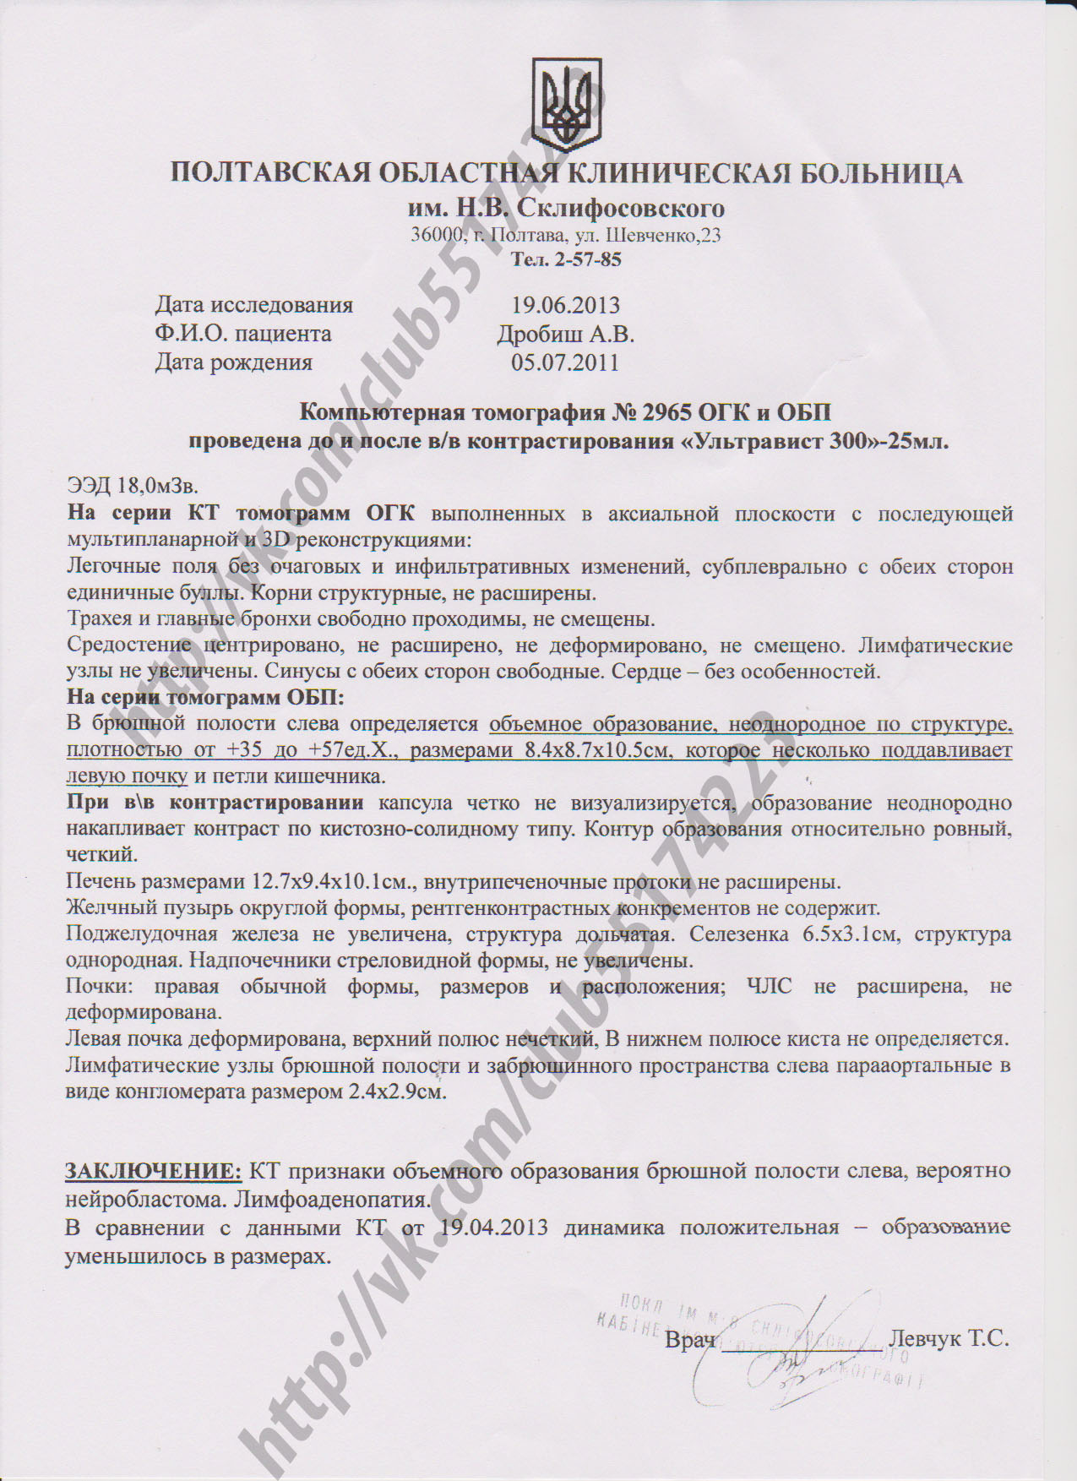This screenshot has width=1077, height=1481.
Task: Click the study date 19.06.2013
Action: point(565,305)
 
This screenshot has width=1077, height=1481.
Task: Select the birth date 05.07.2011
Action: point(565,362)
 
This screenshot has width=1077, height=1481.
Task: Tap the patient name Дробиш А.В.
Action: point(566,334)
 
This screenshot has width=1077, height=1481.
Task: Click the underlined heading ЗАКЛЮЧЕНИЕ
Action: point(154,1172)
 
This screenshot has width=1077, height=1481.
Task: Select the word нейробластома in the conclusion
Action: point(145,1199)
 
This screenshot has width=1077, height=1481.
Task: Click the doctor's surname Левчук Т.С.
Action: point(949,1339)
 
